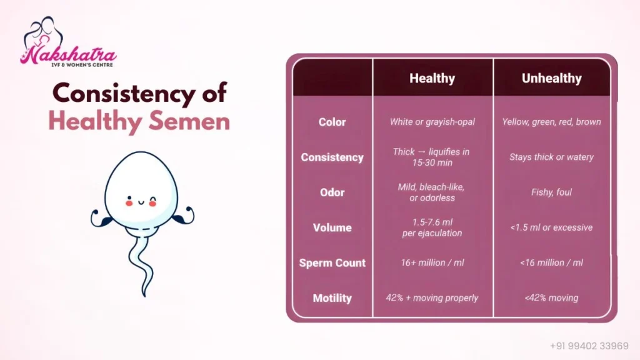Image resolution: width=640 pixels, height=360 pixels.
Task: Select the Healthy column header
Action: tap(432, 78)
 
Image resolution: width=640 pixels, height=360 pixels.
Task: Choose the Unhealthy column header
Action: tap(551, 78)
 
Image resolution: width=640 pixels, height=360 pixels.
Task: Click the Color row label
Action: tap(332, 122)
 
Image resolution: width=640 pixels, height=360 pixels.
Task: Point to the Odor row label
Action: tap(332, 192)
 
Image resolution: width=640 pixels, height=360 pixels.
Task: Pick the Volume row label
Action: tap(332, 227)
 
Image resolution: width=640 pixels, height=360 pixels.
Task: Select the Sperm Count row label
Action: tap(332, 263)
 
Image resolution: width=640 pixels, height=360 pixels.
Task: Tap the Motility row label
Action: tap(332, 298)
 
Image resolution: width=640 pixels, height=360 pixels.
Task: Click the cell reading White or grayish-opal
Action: tap(432, 122)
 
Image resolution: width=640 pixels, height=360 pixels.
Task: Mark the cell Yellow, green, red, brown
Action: tap(551, 122)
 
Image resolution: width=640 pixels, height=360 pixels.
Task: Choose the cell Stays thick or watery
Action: tap(551, 157)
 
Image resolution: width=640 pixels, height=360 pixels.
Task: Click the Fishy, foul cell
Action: tap(551, 192)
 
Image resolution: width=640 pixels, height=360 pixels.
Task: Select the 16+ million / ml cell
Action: tap(432, 263)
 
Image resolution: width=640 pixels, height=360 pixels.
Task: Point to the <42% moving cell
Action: tap(551, 298)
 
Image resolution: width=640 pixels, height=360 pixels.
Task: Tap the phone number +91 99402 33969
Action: tap(589, 346)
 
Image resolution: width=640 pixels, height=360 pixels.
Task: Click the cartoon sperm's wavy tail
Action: tap(141, 262)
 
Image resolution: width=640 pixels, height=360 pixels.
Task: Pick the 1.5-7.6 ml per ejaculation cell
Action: tap(432, 227)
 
